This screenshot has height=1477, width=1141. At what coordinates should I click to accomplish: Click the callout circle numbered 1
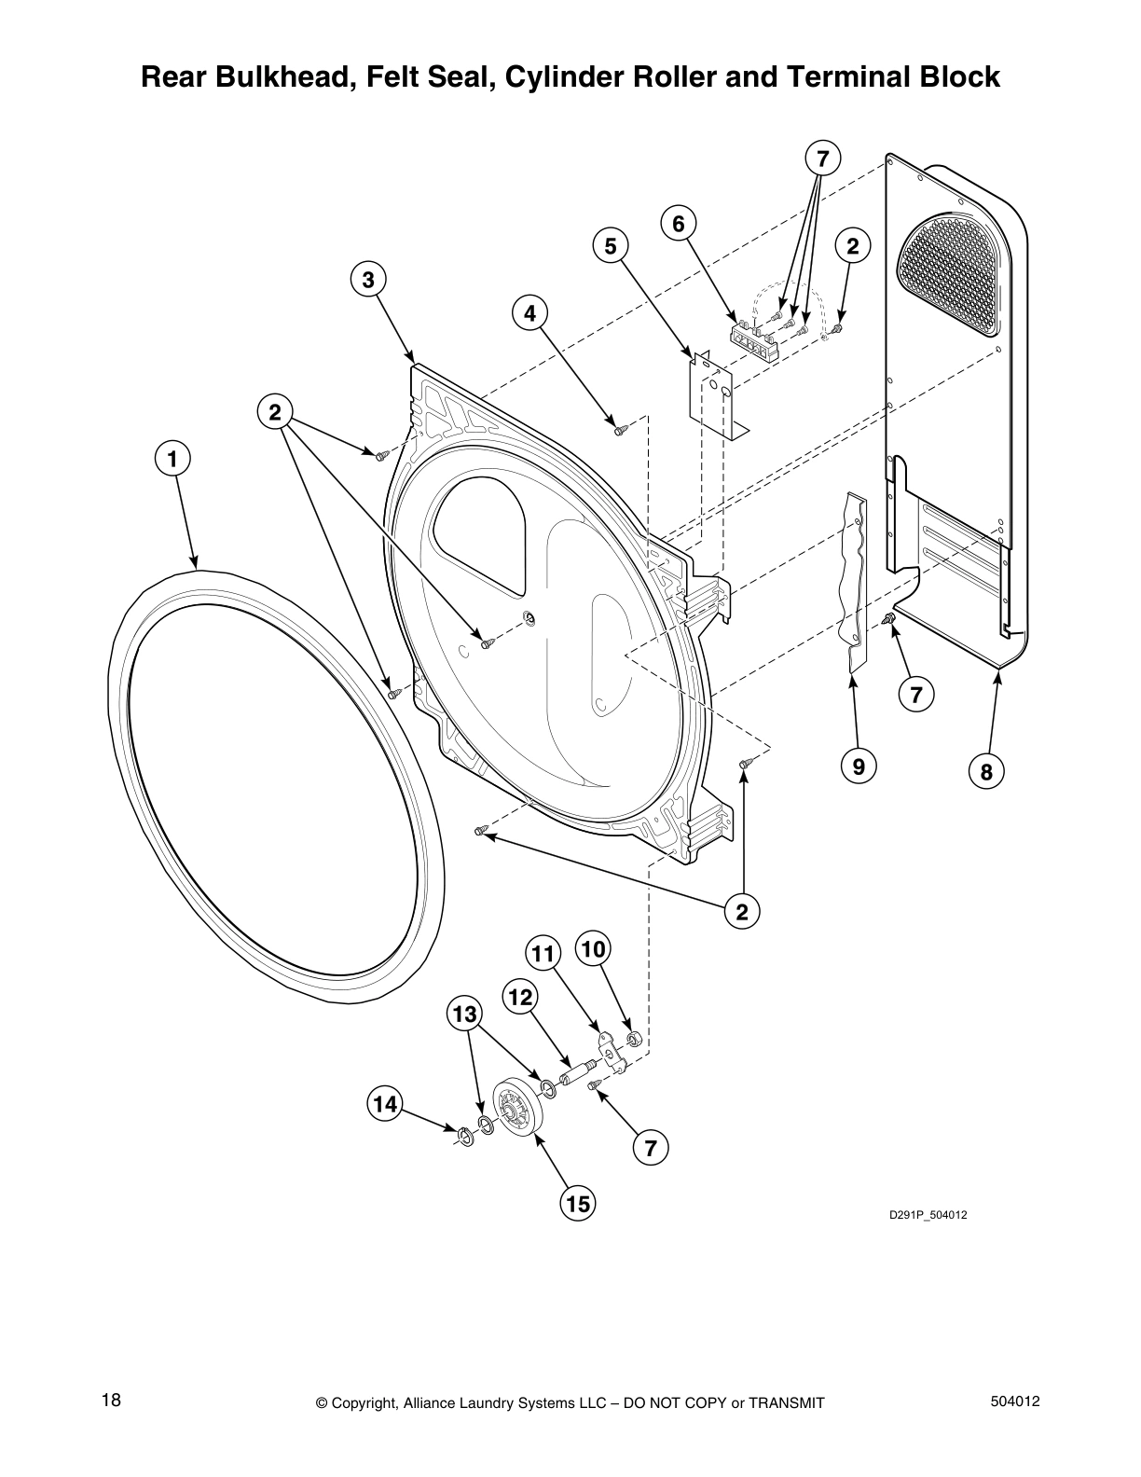(x=172, y=460)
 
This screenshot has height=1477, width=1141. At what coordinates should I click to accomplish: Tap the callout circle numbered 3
(x=368, y=280)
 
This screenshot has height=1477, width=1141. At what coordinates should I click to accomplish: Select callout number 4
(x=529, y=313)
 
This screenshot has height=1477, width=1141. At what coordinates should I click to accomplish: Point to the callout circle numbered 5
(x=611, y=246)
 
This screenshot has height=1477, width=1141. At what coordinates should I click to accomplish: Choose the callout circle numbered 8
(x=986, y=771)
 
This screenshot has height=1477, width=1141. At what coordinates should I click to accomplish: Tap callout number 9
(x=859, y=766)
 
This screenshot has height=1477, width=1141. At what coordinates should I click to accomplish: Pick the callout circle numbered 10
(x=593, y=949)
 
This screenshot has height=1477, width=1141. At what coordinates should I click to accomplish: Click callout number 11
(x=543, y=954)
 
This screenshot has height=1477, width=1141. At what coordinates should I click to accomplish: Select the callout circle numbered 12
(x=520, y=997)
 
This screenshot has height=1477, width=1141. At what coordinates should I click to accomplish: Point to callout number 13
(x=465, y=1015)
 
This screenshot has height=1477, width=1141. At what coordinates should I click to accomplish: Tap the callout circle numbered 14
(x=385, y=1103)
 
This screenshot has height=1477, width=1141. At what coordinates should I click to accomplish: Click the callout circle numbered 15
(x=578, y=1204)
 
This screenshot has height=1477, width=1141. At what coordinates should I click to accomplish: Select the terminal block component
(x=753, y=339)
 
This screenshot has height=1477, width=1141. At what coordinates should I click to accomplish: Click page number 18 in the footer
(x=111, y=1401)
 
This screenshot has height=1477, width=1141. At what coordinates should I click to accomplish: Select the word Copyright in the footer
(x=364, y=1403)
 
